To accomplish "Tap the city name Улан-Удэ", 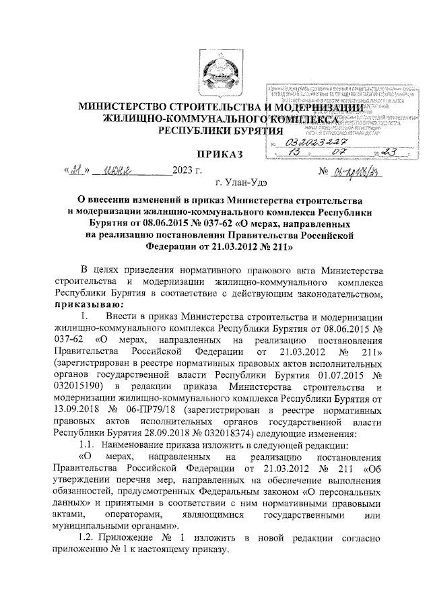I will click(240, 182).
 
